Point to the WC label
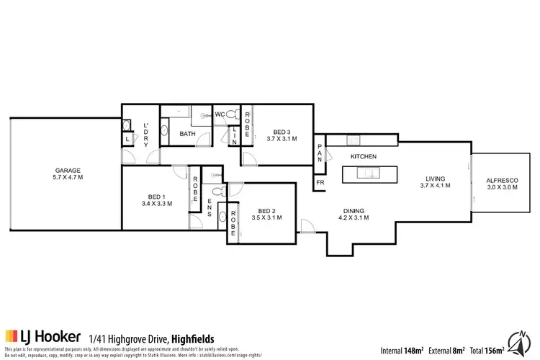pyautogui.click(x=220, y=114)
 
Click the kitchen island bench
pyautogui.click(x=368, y=173)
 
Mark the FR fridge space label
pyautogui.click(x=320, y=183)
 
